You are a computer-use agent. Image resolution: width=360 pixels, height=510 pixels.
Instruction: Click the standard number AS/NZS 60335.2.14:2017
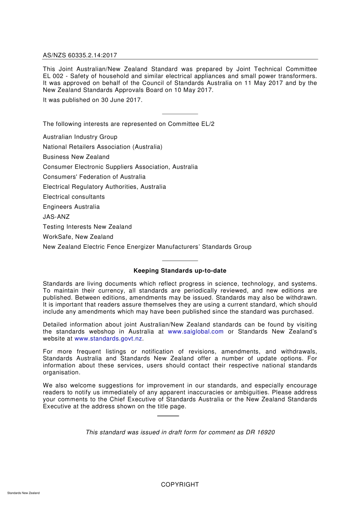click(80, 55)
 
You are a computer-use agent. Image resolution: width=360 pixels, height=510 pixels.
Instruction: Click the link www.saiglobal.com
click(196, 332)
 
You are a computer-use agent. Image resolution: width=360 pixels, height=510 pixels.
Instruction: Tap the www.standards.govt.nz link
click(108, 339)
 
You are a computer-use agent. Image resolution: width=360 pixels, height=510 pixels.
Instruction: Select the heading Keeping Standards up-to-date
click(180, 271)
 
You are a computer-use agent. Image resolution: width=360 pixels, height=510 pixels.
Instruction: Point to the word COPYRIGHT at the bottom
click(180, 485)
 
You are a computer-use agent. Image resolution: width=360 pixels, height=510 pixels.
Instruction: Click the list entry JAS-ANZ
click(56, 217)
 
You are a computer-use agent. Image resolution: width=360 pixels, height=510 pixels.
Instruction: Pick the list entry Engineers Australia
click(71, 207)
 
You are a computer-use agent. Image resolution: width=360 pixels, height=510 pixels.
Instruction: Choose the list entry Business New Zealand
click(76, 157)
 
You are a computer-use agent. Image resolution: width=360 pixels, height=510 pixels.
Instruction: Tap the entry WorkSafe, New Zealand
click(78, 237)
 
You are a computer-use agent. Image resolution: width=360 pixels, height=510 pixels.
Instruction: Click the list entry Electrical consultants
click(74, 197)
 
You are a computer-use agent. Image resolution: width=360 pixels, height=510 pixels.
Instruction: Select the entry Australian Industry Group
click(80, 137)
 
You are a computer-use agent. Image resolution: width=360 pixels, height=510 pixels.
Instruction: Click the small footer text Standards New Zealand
click(23, 493)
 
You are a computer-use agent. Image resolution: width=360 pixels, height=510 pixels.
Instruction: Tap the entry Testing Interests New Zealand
click(87, 227)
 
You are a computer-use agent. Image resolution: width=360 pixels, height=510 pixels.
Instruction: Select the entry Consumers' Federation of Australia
click(94, 177)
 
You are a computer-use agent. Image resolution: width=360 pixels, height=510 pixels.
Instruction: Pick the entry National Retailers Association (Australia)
click(102, 147)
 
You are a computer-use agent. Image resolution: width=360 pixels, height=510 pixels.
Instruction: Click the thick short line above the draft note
click(168, 416)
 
